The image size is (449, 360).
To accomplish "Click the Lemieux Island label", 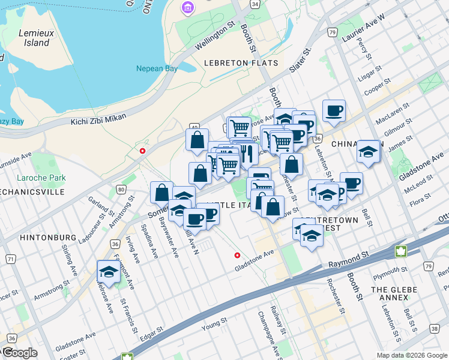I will click(33, 37).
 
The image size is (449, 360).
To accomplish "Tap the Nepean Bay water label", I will click(157, 68).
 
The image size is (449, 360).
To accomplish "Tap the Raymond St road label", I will click(349, 257).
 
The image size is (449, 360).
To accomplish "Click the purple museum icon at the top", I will click(188, 8).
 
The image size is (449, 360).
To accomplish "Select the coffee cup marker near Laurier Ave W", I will click(334, 110).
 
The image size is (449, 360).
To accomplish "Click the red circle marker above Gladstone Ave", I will click(238, 255).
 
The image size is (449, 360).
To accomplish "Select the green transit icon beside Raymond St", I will click(400, 250).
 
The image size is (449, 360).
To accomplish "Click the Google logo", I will click(19, 353).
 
